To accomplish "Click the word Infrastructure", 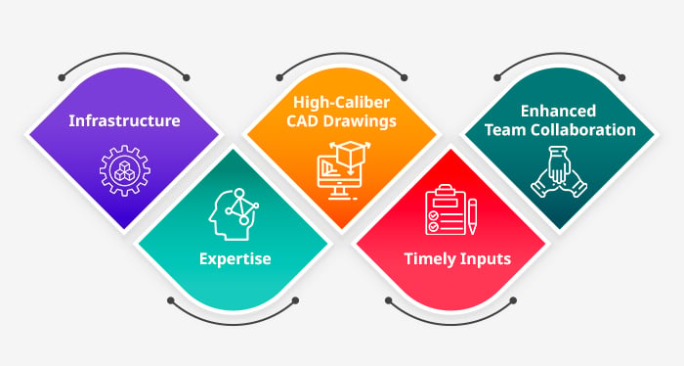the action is pyautogui.click(x=124, y=120).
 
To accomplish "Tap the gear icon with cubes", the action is pyautogui.click(x=125, y=171).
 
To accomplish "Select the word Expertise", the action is pyautogui.click(x=235, y=259).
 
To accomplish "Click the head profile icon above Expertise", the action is pyautogui.click(x=234, y=214).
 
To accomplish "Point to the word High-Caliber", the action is pyautogui.click(x=341, y=102).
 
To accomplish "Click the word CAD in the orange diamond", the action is pyautogui.click(x=303, y=121).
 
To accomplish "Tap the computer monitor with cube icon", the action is pyautogui.click(x=343, y=170).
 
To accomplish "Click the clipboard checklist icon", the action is pyautogui.click(x=445, y=210).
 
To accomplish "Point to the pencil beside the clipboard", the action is pyautogui.click(x=472, y=216).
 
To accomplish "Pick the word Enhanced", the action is pyautogui.click(x=558, y=111).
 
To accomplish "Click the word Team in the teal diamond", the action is pyautogui.click(x=503, y=130).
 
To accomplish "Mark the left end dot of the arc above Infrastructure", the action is pyautogui.click(x=62, y=78).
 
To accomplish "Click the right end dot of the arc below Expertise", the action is pyautogui.click(x=295, y=300).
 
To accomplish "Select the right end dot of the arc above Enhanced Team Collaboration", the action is pyautogui.click(x=622, y=77).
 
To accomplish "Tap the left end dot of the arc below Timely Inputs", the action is pyautogui.click(x=389, y=300).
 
